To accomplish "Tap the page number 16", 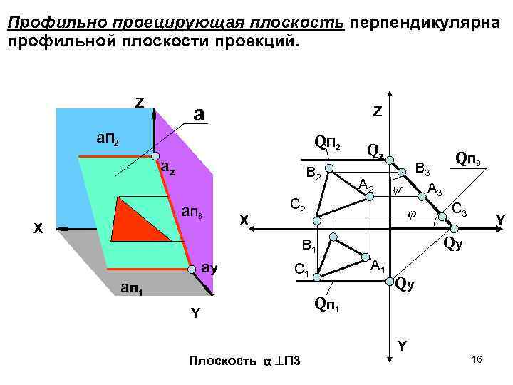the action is [477, 361].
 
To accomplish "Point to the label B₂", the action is [313, 173].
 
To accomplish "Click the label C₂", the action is [297, 206].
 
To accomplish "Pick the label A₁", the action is [378, 267].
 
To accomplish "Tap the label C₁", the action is [301, 270].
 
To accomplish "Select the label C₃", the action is [460, 210].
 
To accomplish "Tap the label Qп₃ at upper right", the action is [471, 159].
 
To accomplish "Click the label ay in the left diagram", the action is [208, 269].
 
